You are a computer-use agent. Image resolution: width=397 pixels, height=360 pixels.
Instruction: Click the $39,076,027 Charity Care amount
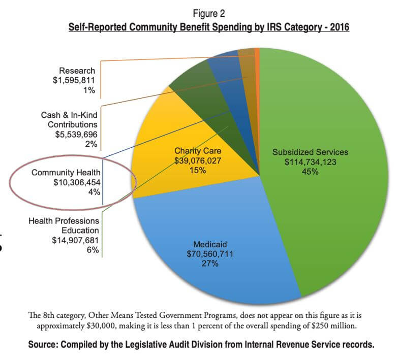tap(198, 160)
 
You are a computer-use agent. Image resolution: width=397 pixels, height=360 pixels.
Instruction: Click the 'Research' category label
tap(77, 71)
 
